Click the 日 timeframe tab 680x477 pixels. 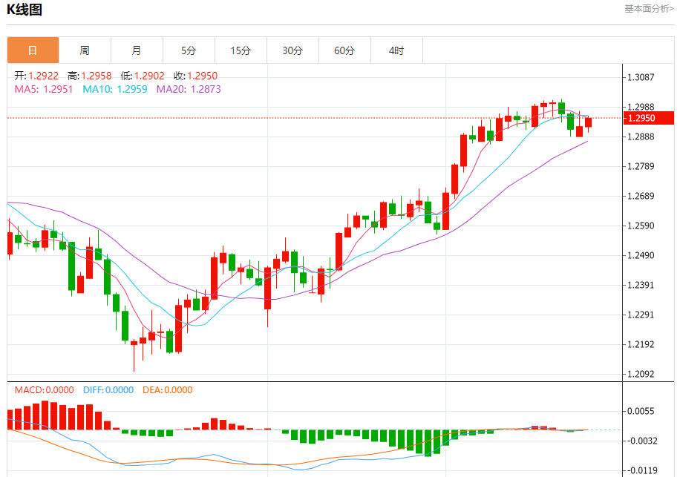click(33, 50)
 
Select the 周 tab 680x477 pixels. click(85, 50)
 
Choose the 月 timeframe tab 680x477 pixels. click(137, 50)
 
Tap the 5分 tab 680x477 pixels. click(189, 50)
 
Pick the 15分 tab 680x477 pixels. click(241, 50)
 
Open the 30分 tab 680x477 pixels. click(292, 50)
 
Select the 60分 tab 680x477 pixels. click(344, 50)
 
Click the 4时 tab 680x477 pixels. click(396, 50)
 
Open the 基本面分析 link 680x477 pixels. click(649, 9)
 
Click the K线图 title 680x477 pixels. click(24, 10)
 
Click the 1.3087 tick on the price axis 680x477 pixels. click(640, 77)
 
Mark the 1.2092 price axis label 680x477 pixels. click(640, 374)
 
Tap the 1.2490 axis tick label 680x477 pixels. click(640, 256)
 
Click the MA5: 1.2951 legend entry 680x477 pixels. click(44, 89)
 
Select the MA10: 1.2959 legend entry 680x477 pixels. click(115, 89)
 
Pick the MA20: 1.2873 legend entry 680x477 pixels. click(189, 89)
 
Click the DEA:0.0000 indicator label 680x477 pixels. click(167, 390)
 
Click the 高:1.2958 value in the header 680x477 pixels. click(89, 76)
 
